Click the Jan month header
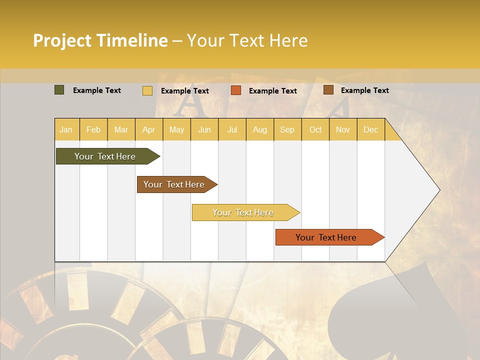pyautogui.click(x=66, y=129)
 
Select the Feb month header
pyautogui.click(x=93, y=129)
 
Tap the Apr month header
pyautogui.click(x=148, y=129)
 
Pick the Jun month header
pyautogui.click(x=204, y=129)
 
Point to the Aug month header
pyautogui.click(x=259, y=129)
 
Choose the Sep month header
pyautogui.click(x=287, y=129)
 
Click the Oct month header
pyautogui.click(x=315, y=129)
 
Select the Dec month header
pyautogui.click(x=370, y=129)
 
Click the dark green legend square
pyautogui.click(x=59, y=90)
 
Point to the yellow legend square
pyautogui.click(x=147, y=90)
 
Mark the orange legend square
pyautogui.click(x=236, y=90)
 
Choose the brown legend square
pyautogui.click(x=328, y=90)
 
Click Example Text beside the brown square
pyautogui.click(x=364, y=90)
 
